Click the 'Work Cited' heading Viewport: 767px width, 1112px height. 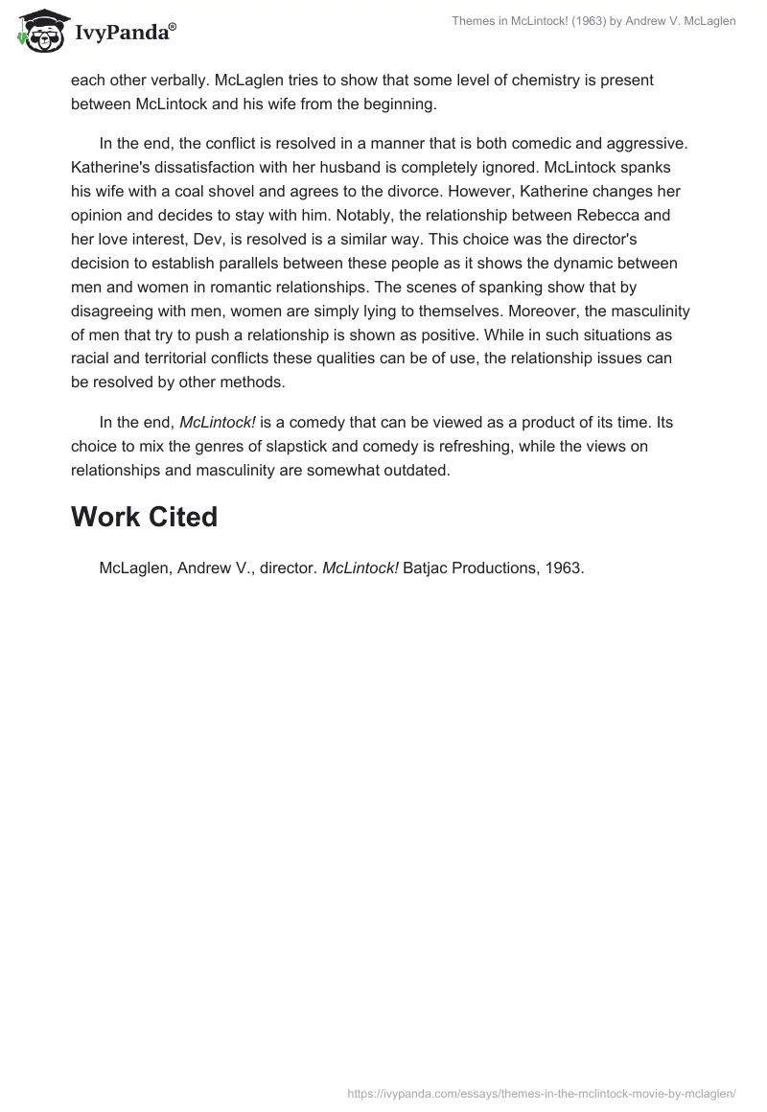tap(144, 517)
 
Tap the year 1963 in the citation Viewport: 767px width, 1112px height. tap(563, 568)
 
